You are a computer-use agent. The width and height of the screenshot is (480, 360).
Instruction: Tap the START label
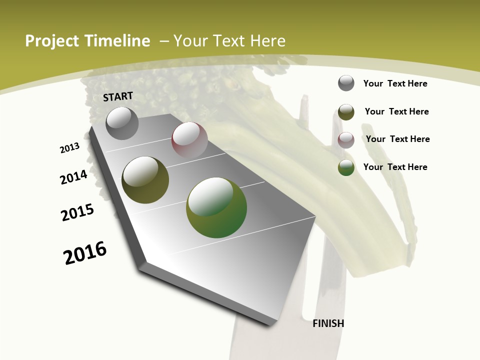118,96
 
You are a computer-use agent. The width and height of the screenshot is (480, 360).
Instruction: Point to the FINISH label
328,323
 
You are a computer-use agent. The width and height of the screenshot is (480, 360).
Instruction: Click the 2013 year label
70,147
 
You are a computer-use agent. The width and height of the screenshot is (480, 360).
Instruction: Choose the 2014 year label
74,177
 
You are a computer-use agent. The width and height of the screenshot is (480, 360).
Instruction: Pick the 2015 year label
77,212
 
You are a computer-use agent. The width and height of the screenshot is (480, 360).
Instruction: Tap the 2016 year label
85,253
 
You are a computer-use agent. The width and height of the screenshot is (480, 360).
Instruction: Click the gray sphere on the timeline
122,123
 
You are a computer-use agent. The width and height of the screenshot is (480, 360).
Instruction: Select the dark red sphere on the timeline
189,140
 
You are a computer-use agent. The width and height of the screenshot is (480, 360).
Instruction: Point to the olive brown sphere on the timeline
145,180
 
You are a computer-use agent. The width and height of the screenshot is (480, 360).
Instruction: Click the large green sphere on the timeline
216,207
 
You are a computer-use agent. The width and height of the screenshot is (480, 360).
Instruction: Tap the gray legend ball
346,83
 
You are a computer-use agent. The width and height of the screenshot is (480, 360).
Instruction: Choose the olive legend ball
346,112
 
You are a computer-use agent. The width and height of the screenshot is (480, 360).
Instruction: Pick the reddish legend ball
346,140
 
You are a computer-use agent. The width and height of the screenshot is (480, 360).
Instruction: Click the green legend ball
346,167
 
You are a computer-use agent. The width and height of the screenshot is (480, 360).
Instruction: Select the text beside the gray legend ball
395,83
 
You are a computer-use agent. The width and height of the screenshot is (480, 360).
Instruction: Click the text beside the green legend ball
395,167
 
